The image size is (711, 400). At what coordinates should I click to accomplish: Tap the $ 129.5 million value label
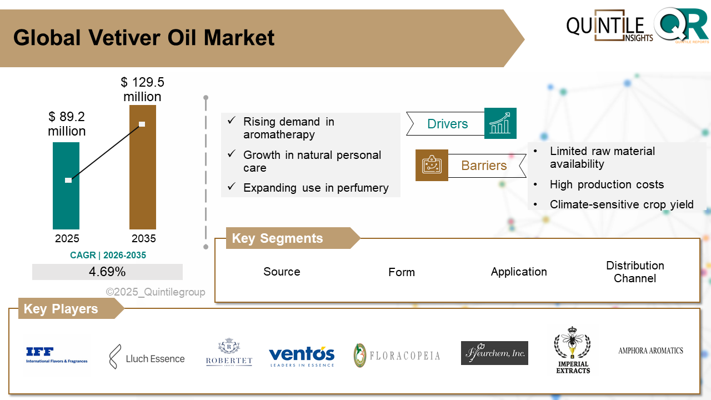[142, 89]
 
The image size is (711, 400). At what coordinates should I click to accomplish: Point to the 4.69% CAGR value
[107, 272]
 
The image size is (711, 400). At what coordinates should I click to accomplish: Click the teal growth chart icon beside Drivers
[500, 123]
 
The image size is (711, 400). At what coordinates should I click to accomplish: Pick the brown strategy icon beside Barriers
[432, 165]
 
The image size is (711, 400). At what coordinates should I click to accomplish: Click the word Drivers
[447, 124]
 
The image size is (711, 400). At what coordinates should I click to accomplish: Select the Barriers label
[484, 166]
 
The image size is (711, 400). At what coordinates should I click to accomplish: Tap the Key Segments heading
[277, 238]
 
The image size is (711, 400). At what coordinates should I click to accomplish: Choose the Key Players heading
[61, 309]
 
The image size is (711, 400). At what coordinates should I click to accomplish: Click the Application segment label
[519, 272]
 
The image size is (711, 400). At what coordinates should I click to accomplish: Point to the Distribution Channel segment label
[635, 272]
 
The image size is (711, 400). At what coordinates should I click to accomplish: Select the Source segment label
[282, 272]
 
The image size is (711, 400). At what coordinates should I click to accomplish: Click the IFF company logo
[57, 355]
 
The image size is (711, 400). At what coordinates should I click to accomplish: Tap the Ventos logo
[302, 356]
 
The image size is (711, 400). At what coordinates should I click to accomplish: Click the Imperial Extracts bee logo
[573, 350]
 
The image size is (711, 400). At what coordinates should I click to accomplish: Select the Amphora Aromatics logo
[650, 351]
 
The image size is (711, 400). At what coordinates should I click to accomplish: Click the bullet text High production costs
[607, 184]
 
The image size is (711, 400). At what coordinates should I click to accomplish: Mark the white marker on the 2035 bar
[142, 124]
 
